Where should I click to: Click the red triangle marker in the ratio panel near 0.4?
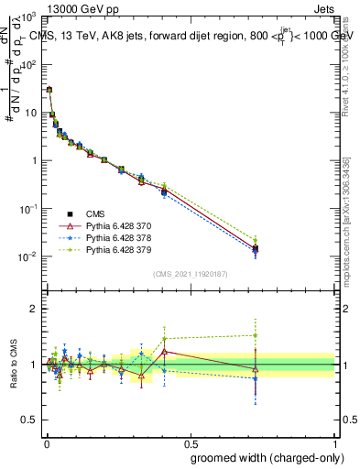(x=164, y=352)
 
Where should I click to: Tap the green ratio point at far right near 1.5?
(x=256, y=335)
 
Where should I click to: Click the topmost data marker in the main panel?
(x=49, y=90)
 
